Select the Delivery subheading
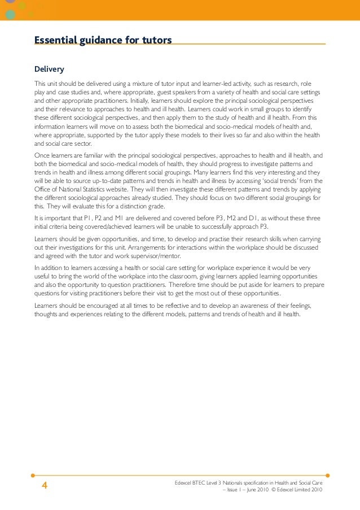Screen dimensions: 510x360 point(49,69)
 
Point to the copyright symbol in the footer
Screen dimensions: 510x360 point(273,490)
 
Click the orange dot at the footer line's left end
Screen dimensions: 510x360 point(33,476)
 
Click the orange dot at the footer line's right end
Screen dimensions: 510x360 point(328,476)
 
